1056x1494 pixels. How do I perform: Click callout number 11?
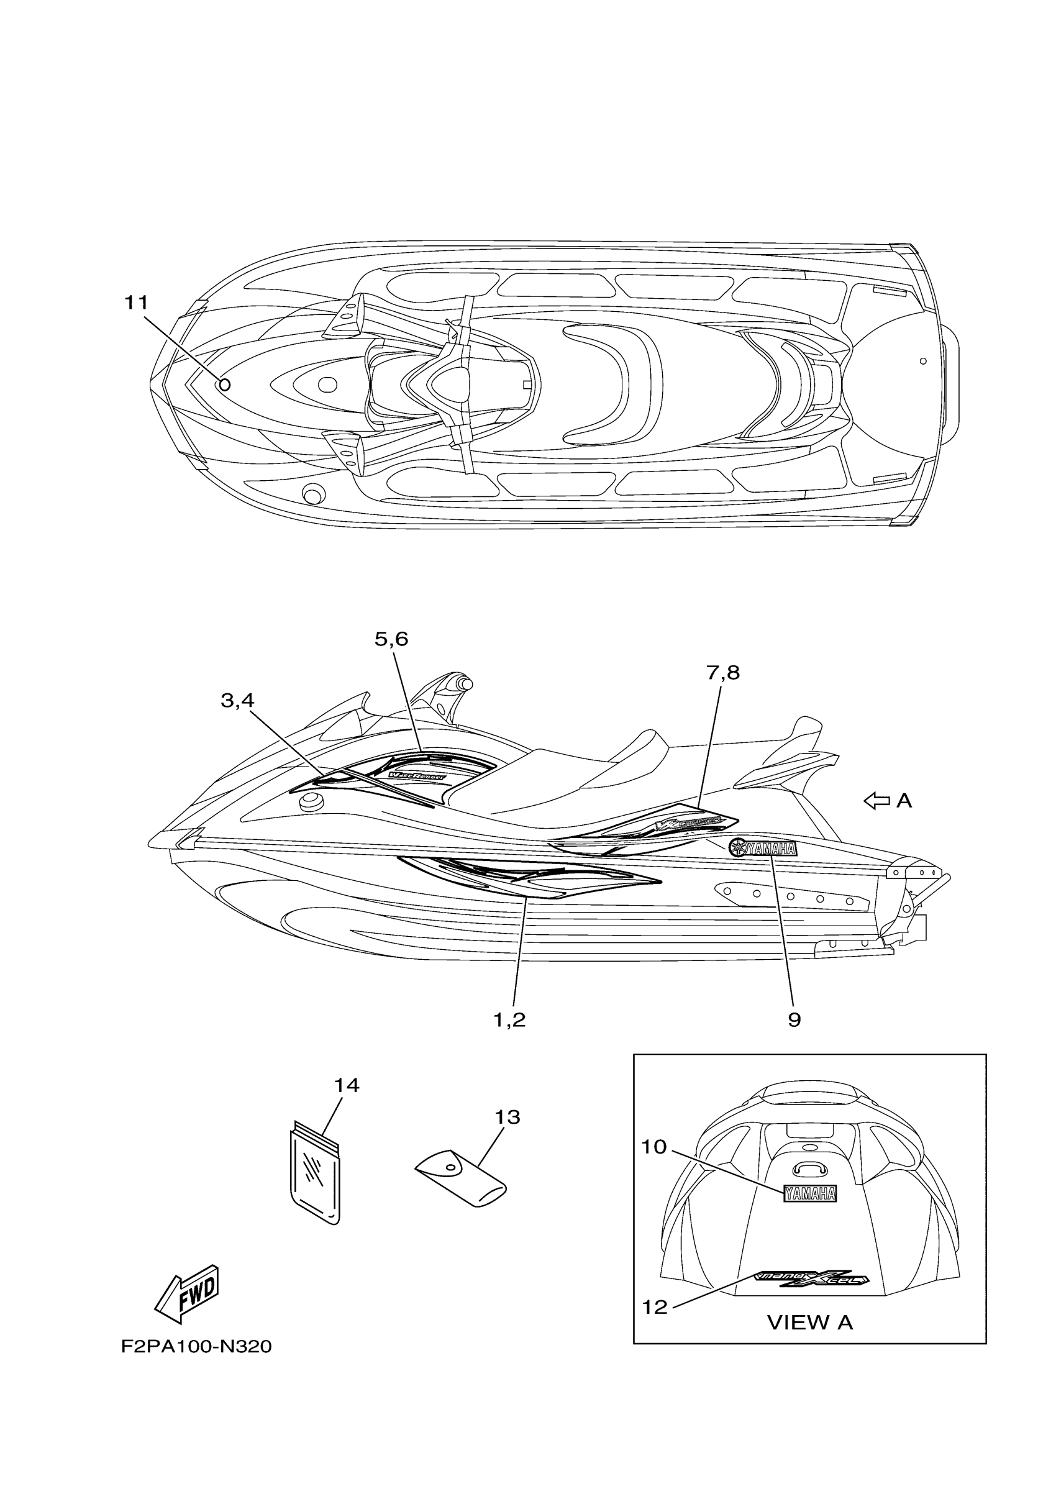(x=136, y=303)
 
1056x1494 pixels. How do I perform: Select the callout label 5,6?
(x=391, y=639)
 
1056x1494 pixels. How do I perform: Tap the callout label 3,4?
(x=237, y=700)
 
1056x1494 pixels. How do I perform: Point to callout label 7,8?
(x=723, y=672)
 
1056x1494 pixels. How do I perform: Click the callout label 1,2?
(x=509, y=1019)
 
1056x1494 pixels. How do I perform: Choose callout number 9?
(x=794, y=1019)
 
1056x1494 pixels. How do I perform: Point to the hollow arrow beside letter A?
(x=876, y=801)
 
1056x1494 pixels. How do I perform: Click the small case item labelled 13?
(x=462, y=1180)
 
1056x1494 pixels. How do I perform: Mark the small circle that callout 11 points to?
(x=224, y=385)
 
